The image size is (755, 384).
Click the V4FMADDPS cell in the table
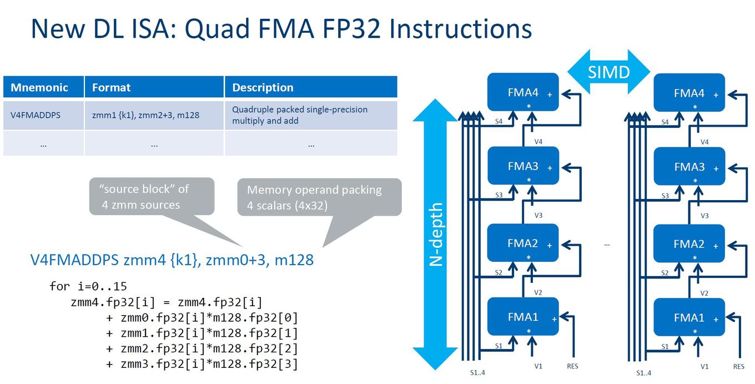click(x=36, y=115)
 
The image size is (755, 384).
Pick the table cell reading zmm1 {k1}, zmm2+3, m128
click(x=145, y=115)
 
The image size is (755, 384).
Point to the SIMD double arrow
click(x=608, y=72)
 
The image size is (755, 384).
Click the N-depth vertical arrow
click(x=435, y=234)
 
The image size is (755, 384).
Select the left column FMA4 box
click(x=523, y=92)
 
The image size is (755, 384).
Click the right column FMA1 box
click(x=689, y=317)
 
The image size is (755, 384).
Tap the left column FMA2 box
click(x=523, y=243)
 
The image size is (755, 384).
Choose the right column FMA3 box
click(x=689, y=166)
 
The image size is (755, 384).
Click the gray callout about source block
click(x=152, y=196)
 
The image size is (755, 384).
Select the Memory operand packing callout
click(x=319, y=197)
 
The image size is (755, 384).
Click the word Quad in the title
click(x=217, y=29)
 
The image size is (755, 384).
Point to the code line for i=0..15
click(x=88, y=286)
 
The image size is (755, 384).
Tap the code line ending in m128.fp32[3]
click(x=202, y=364)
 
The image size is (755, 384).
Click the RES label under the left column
click(x=572, y=366)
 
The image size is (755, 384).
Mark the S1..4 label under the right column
click(x=643, y=373)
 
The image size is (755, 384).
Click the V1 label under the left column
click(x=538, y=366)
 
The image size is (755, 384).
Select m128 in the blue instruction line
click(x=294, y=260)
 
